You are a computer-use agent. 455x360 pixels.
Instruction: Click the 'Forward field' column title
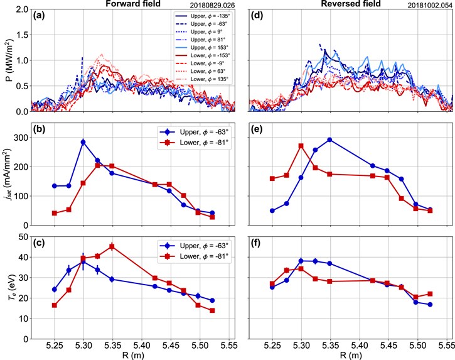(133, 4)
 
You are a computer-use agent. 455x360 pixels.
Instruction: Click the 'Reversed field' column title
(351, 4)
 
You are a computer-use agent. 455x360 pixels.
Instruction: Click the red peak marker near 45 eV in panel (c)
(112, 246)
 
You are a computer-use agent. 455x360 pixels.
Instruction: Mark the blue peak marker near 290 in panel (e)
(329, 139)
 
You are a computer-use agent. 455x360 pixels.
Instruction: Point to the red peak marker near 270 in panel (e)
(301, 146)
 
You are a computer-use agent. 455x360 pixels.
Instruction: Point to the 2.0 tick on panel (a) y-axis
(20, 10)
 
